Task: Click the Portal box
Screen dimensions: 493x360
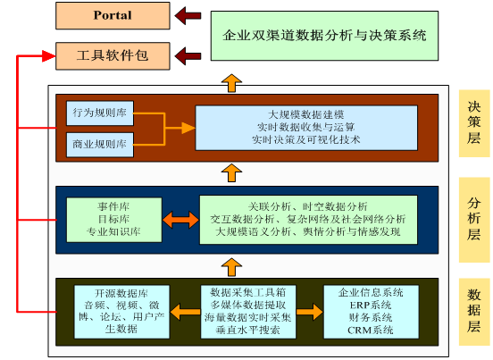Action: (113, 16)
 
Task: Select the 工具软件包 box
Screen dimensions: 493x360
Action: (113, 56)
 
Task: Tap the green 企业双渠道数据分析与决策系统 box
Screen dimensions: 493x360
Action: (324, 36)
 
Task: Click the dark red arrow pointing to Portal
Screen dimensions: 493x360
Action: (188, 15)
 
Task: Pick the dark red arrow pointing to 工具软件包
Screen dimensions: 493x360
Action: (188, 56)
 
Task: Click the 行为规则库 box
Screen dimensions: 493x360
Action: (100, 113)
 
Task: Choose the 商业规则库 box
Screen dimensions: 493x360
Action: (100, 145)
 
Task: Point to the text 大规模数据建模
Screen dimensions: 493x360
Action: (306, 114)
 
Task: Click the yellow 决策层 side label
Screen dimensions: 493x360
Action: (474, 123)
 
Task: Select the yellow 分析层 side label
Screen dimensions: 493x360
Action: (474, 220)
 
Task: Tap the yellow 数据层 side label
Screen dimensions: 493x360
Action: (474, 311)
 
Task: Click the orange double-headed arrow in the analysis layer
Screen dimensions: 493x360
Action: (180, 220)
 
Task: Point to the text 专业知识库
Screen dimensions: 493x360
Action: (113, 231)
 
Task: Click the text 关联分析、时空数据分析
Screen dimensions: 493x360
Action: (308, 206)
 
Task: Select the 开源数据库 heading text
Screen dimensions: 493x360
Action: (121, 293)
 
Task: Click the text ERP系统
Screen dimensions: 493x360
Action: (371, 305)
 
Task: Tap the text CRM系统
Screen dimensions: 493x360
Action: (371, 331)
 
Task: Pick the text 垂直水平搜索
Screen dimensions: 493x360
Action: (247, 330)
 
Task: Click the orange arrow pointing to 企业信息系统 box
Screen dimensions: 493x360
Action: (310, 312)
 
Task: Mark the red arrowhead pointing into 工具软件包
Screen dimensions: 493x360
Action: (49, 56)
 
